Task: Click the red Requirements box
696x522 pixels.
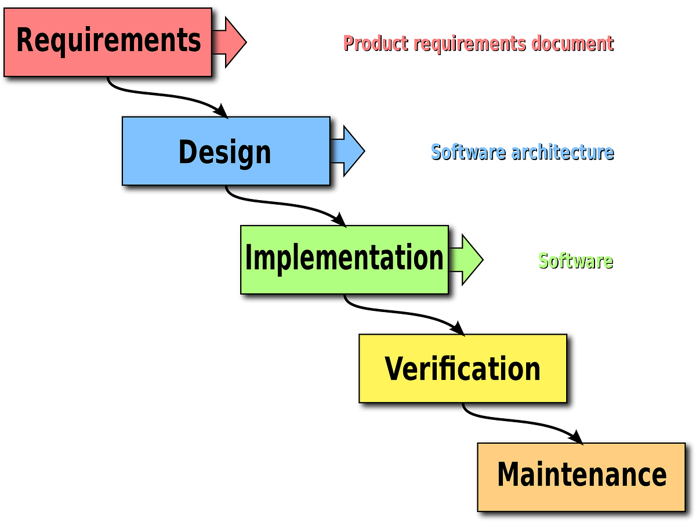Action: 108,42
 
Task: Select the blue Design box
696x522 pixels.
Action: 226,151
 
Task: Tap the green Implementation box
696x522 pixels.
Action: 344,259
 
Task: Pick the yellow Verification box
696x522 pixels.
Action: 462,368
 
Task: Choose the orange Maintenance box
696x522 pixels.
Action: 581,476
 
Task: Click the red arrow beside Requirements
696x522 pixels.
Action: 232,42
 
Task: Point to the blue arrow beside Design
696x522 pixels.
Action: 350,151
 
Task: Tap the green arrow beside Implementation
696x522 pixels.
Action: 468,259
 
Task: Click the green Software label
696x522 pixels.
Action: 575,261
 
